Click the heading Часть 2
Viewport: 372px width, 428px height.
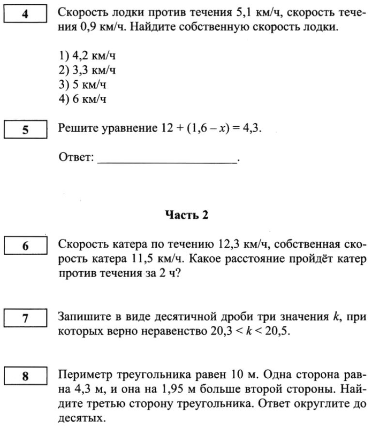click(x=186, y=215)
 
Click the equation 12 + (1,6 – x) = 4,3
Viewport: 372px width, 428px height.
click(x=211, y=128)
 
